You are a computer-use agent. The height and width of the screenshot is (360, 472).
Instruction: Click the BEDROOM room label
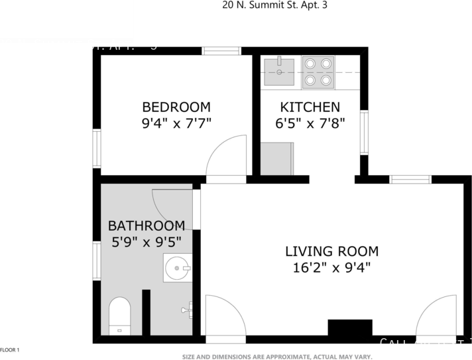(176, 107)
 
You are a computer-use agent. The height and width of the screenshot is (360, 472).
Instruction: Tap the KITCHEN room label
(310, 107)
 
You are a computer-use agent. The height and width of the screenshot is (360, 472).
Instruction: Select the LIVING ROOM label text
(331, 251)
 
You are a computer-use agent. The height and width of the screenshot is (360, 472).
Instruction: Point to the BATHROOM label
(146, 225)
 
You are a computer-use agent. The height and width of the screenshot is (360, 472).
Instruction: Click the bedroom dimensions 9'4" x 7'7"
(176, 123)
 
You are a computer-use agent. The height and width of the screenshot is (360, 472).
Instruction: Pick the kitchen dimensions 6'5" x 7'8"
(310, 123)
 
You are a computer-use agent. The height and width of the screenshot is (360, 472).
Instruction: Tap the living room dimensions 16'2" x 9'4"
(331, 268)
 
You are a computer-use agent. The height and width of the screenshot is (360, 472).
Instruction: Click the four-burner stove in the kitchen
(318, 72)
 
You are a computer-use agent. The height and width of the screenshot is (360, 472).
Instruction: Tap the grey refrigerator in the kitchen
(276, 158)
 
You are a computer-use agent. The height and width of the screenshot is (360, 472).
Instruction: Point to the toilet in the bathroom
(120, 316)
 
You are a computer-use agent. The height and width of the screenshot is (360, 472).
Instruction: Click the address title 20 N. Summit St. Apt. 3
(274, 5)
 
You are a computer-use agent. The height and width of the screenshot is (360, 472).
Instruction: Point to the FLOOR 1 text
(10, 349)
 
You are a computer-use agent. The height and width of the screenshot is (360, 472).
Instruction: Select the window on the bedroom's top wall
(221, 50)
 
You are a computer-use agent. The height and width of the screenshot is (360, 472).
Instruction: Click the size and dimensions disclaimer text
(274, 356)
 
